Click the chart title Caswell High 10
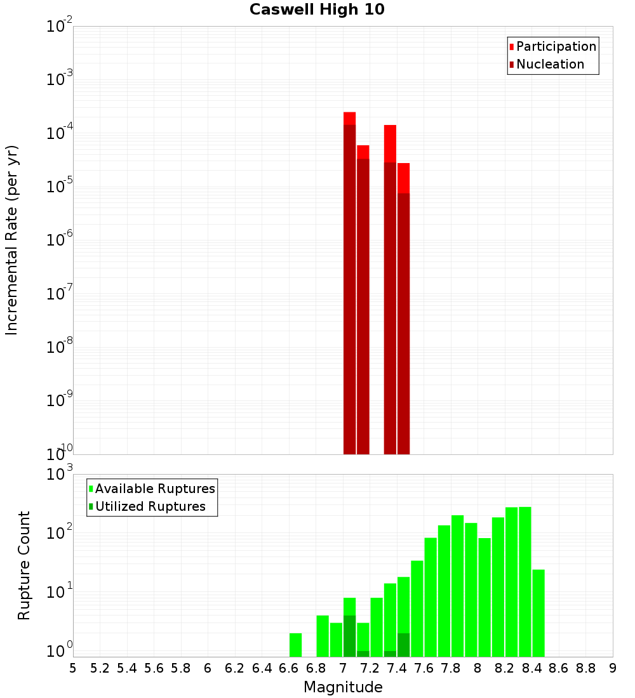(x=317, y=10)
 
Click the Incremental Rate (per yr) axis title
(x=11, y=240)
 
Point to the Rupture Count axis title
(x=24, y=565)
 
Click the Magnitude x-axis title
(x=343, y=687)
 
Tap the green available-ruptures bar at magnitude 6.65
(x=295, y=645)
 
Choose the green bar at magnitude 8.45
(x=538, y=613)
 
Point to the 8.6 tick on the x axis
(x=559, y=668)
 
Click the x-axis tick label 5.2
(x=100, y=668)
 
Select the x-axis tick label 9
(x=613, y=668)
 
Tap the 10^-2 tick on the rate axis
(x=60, y=27)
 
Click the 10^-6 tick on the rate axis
(x=60, y=240)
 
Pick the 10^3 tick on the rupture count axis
(x=60, y=474)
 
